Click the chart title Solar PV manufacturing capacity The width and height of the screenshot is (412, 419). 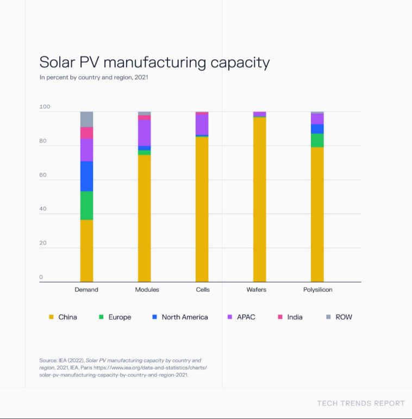coord(154,62)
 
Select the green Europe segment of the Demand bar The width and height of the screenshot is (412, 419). coord(86,205)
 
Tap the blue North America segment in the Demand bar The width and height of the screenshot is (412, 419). coord(86,176)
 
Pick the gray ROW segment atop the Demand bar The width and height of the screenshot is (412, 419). coord(86,119)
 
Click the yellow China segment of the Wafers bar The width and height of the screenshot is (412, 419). coord(259,199)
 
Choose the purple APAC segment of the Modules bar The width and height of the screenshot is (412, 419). coord(144,133)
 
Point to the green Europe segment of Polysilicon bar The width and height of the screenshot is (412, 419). coord(317,140)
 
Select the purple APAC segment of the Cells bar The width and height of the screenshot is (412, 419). coord(202,124)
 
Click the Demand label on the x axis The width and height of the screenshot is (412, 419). coord(86,290)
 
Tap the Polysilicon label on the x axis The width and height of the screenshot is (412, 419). coord(317,290)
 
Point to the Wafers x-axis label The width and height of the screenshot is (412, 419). coord(256,290)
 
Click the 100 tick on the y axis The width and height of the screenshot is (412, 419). coord(45,107)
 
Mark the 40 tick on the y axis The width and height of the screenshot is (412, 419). coord(43,209)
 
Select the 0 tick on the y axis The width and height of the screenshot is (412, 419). coord(41,277)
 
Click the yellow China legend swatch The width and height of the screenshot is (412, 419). coord(51,317)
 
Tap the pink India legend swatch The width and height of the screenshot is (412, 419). coord(280,317)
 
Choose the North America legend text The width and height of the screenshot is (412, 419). coord(185,317)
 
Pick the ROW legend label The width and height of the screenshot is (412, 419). coord(344,317)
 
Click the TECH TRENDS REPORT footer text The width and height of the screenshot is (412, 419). coord(361,403)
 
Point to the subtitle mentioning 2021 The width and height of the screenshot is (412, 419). coord(93,77)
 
